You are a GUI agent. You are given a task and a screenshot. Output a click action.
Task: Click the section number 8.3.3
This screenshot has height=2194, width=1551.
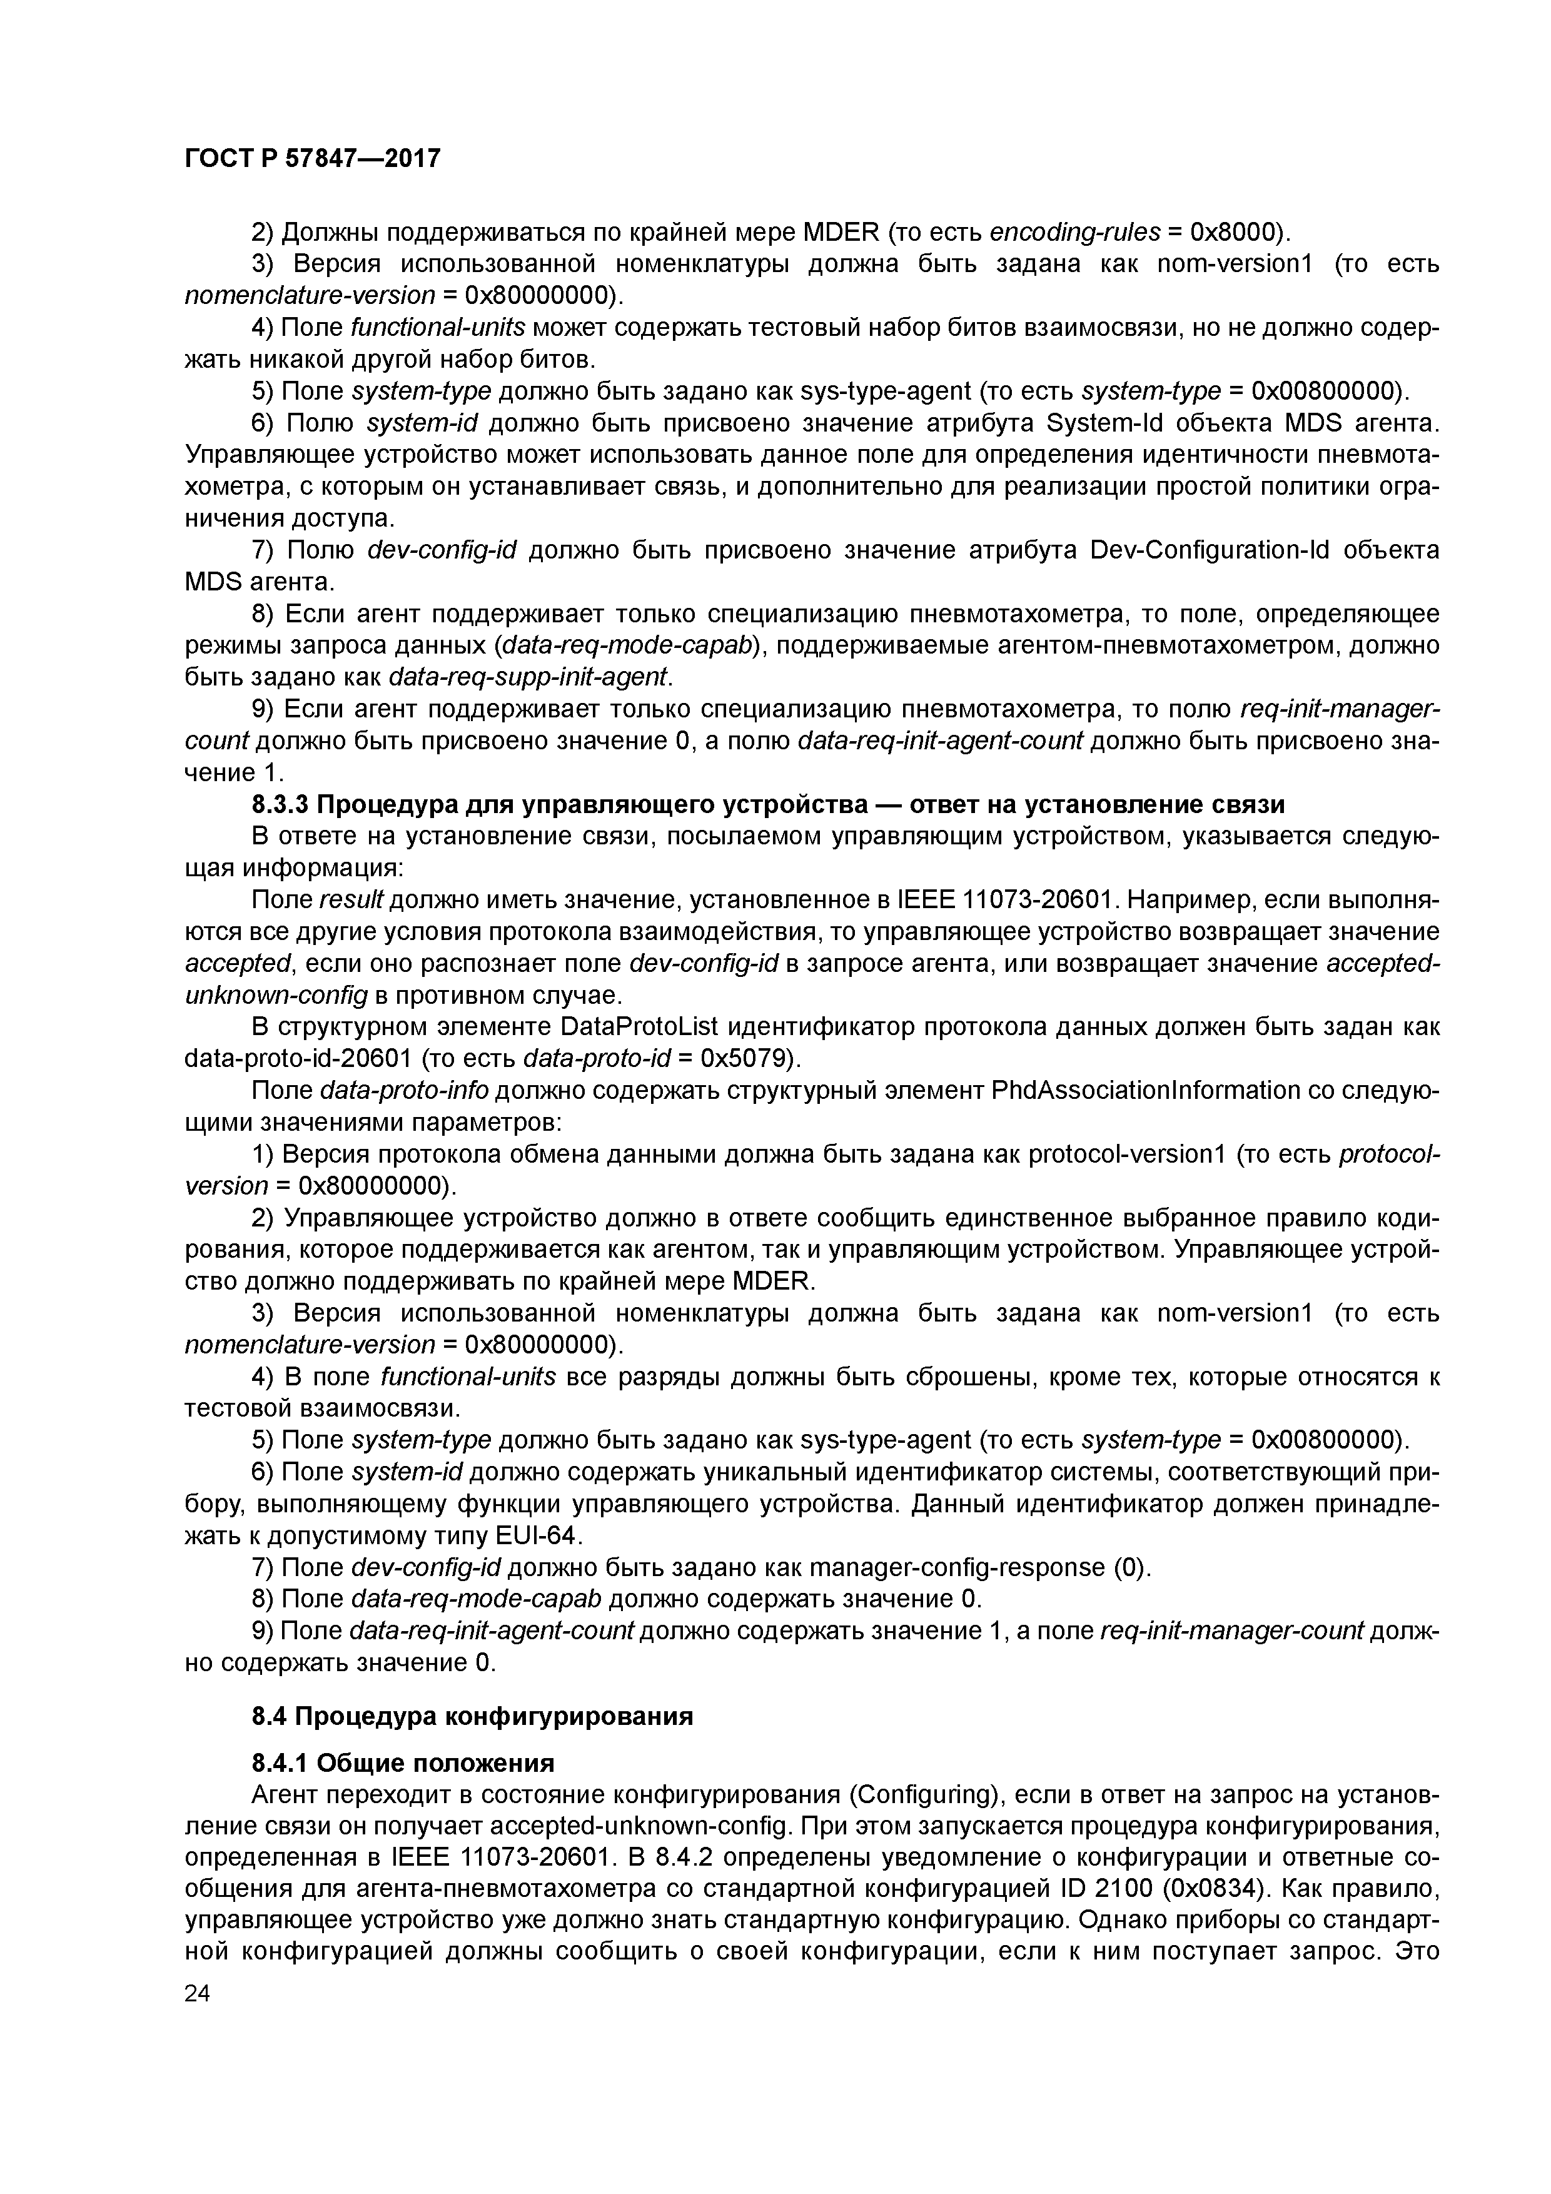pyautogui.click(x=277, y=804)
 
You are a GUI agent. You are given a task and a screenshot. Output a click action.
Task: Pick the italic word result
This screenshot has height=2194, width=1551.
pyautogui.click(x=351, y=900)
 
